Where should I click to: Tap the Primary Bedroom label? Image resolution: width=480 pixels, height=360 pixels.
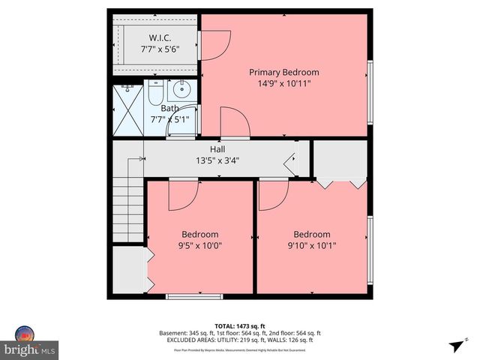point(284,72)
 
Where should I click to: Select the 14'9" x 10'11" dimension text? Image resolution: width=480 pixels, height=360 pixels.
point(284,83)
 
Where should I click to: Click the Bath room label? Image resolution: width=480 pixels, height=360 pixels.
point(169,108)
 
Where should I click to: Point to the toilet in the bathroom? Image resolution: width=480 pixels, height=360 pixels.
point(155,94)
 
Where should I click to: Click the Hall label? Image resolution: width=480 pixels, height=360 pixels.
point(217,149)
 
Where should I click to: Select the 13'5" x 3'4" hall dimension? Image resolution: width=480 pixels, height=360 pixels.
point(217,160)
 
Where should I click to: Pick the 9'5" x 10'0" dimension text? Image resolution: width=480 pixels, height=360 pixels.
point(200,244)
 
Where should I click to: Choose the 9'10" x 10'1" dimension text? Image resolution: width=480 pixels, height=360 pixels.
point(312,244)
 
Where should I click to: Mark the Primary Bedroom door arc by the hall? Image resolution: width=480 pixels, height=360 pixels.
point(235,122)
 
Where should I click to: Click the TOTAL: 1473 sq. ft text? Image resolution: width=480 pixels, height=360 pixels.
point(239,325)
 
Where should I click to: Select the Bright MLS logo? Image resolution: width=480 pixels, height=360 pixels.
point(30,343)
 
